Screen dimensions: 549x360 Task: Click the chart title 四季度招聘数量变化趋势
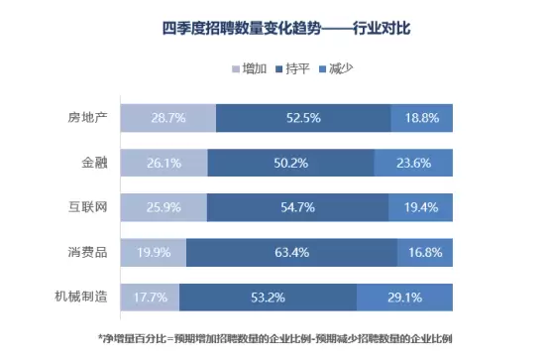[x=242, y=29]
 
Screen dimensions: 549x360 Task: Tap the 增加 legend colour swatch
[x=236, y=69]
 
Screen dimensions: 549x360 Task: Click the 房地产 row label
[x=87, y=118]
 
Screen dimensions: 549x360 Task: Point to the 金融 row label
[x=94, y=163]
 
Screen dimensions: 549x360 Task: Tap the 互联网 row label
[x=87, y=207]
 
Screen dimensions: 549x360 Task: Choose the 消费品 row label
[x=87, y=252]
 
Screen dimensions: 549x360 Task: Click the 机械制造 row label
[x=81, y=297]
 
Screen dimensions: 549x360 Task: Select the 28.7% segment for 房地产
[x=168, y=118]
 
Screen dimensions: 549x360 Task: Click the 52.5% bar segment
[x=303, y=118]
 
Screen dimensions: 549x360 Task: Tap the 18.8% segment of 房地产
[x=421, y=118]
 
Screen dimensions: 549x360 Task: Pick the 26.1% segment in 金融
[x=165, y=163]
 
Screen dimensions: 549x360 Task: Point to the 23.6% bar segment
[x=413, y=163]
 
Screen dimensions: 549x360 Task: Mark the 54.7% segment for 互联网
[x=297, y=207]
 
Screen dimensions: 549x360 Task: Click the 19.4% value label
[x=421, y=207]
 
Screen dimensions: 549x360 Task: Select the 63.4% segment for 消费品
[x=291, y=252]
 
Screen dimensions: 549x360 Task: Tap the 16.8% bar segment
[x=425, y=252]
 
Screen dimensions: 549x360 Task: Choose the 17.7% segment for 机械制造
[x=151, y=298]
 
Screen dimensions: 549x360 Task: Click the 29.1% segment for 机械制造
[x=404, y=298]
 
